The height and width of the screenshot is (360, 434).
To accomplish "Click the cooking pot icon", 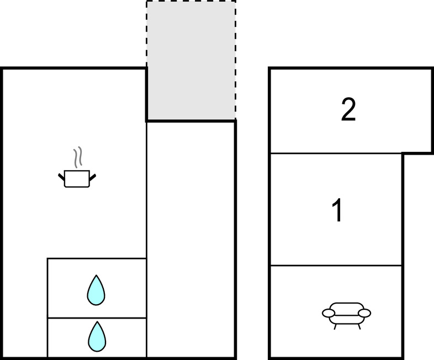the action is pos(77,178).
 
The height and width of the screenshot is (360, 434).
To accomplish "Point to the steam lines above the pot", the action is pos(78,157).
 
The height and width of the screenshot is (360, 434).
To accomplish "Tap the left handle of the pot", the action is pos(61,177).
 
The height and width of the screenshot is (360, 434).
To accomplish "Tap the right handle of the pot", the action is pos(93,177).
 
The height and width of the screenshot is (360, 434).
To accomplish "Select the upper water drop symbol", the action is pos(96,290).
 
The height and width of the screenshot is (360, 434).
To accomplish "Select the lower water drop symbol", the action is pos(97,336).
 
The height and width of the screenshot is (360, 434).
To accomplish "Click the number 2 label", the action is pos(348,109).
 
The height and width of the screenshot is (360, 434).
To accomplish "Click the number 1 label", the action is pos(337,210).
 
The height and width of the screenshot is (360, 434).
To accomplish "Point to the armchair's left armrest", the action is pos(329,313).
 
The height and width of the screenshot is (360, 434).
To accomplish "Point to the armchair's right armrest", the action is pos(364,313).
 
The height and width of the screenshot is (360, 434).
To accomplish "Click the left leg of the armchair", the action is pos(335,327).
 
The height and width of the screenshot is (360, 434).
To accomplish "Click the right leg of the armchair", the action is pos(359,327).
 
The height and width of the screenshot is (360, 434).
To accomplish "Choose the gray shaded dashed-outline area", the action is pos(191,60).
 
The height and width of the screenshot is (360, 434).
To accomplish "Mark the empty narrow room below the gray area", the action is pos(190,239).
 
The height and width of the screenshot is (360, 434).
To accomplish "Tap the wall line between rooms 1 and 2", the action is pos(336,153).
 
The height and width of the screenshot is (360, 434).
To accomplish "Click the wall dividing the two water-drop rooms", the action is pos(97,318).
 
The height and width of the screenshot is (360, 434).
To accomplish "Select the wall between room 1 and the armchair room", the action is pos(336,266).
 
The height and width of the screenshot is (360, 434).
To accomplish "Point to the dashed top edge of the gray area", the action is pos(191,1).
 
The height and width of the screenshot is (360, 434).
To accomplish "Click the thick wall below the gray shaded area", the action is pos(191,121).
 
